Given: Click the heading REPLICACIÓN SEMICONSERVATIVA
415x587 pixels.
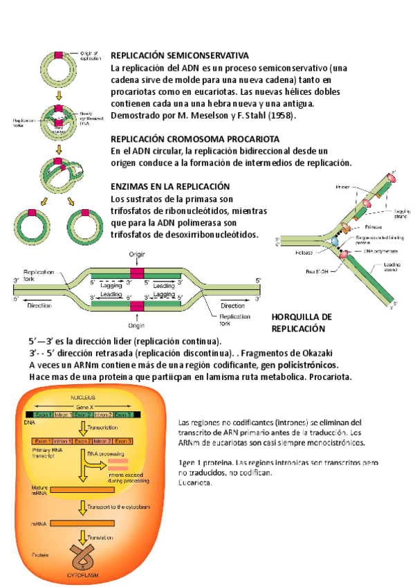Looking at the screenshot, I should pos(180,55).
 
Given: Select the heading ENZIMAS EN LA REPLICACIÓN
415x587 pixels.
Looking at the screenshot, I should pos(170,187).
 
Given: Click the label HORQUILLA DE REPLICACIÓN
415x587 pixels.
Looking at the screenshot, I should pos(302,323).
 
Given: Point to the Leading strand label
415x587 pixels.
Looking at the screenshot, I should pos(391,267).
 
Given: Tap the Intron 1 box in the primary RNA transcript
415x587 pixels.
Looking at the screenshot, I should pos(62,440).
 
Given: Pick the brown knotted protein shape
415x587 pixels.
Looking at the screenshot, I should pos(82,556).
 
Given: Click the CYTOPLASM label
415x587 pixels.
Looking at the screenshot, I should pos(82,575).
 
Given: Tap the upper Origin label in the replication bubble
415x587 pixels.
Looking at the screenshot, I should pos(136,255).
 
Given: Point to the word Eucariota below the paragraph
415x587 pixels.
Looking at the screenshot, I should pos(195,482).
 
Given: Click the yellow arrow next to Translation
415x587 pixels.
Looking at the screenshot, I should pos(84,537).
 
